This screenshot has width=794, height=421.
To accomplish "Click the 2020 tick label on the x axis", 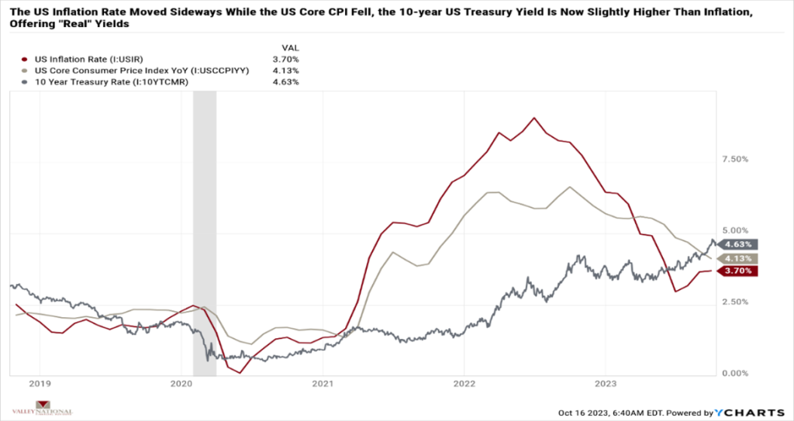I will point(181,383).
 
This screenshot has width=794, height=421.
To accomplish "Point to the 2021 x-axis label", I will point(323,383).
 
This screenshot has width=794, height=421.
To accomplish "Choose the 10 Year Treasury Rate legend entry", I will point(92,81).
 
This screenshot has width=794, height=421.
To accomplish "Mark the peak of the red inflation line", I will point(534,118).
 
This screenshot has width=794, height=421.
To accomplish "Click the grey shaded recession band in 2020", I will point(204,233).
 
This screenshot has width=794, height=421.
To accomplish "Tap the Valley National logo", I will point(43,409).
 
